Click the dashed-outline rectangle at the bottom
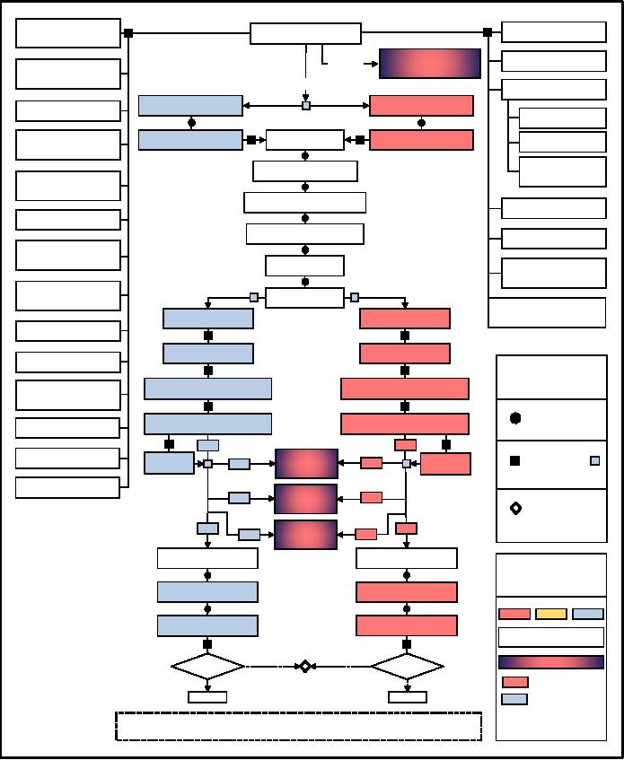[298, 727]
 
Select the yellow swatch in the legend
[551, 614]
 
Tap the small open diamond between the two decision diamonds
[305, 667]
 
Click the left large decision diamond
[207, 667]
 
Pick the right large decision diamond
[407, 667]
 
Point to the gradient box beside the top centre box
[430, 64]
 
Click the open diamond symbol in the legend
[516, 509]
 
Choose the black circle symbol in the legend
[515, 418]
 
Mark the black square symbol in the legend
[515, 460]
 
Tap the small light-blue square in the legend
[594, 460]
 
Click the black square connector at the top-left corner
[128, 33]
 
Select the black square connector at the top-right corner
[488, 32]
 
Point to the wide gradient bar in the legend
[551, 662]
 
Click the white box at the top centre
[305, 34]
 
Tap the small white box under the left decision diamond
[207, 697]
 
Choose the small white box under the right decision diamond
[408, 697]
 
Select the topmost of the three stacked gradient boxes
[306, 464]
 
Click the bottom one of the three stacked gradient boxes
[306, 534]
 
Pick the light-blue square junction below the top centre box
[306, 106]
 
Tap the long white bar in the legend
[551, 637]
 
